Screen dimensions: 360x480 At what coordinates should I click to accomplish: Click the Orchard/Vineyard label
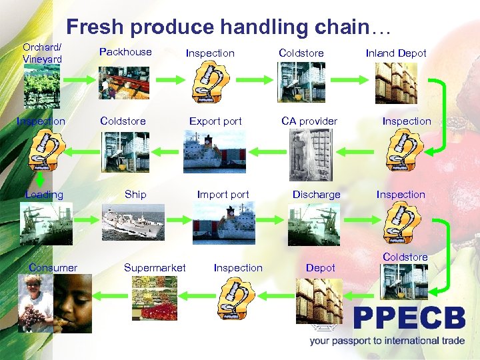point(42,53)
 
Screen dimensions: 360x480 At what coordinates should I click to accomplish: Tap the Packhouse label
point(125,52)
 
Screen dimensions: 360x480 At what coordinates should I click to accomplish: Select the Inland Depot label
point(396,53)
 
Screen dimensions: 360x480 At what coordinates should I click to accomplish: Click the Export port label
point(215,121)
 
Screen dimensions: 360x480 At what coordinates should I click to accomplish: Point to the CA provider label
point(309,121)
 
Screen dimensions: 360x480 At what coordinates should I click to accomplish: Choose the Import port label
point(223,195)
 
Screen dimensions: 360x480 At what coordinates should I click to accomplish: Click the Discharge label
point(316,195)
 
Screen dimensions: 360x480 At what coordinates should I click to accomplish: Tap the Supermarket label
point(155,268)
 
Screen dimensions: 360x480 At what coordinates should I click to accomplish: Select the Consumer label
point(53,268)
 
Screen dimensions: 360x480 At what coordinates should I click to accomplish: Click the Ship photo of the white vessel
point(133,223)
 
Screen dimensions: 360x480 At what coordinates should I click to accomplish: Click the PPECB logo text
point(409,319)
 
